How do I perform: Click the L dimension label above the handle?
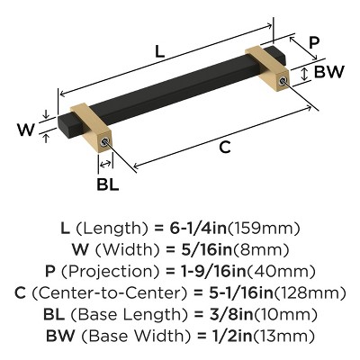(x=158, y=53)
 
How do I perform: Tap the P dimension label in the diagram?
(x=312, y=43)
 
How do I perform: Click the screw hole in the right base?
(x=283, y=83)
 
